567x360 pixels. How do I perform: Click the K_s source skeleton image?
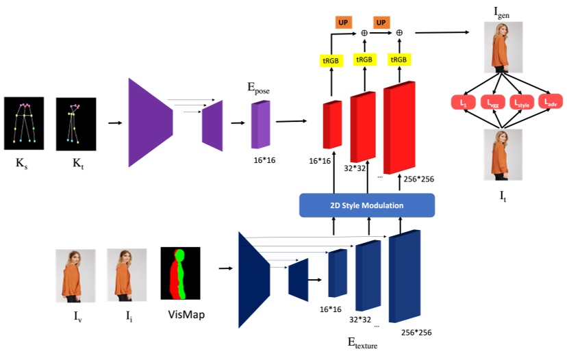pos(24,123)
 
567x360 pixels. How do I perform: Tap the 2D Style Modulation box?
pos(366,205)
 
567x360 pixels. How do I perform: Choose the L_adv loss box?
pos(551,103)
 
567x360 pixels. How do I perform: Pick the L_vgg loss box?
pos(492,103)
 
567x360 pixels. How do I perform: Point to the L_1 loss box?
pos(464,103)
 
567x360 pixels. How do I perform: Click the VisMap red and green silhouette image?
pos(177,273)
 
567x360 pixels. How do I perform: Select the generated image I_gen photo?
pos(503,47)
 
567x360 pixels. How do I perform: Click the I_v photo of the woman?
pos(75,275)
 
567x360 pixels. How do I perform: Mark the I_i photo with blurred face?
pos(126,275)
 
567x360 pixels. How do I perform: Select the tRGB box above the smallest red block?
pos(331,60)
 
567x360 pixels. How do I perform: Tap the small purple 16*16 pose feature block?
pos(261,125)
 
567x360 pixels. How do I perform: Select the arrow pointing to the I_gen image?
pos(445,32)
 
